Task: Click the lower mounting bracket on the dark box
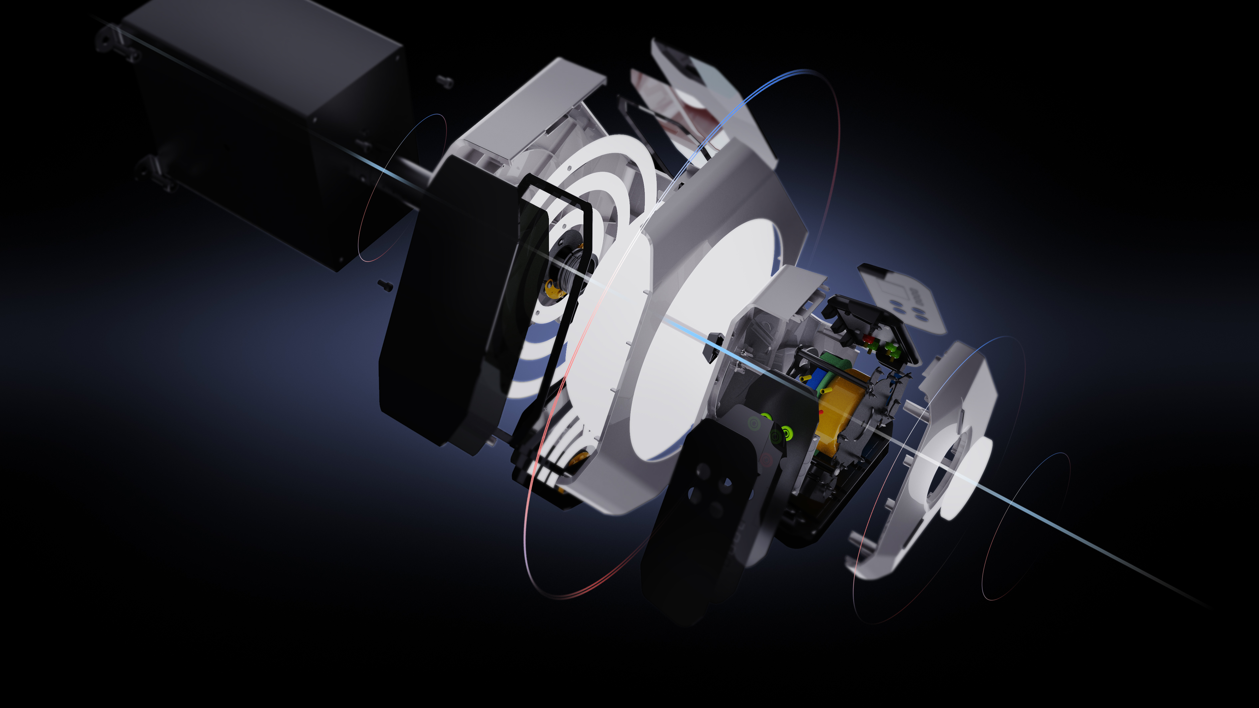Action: pyautogui.click(x=152, y=171)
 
